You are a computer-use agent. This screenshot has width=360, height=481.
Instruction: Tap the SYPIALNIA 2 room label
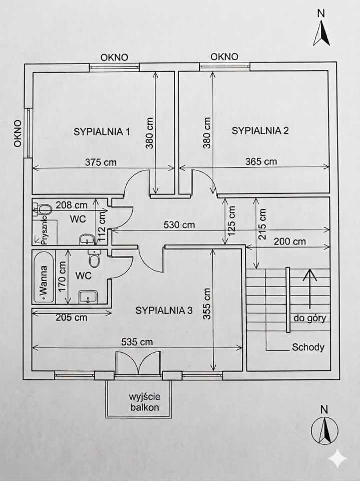[x=260, y=131]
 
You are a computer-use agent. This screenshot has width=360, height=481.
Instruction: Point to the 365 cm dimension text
[x=261, y=161]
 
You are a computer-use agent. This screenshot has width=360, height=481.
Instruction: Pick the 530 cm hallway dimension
[x=179, y=225]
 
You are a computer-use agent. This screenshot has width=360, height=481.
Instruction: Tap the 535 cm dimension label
[x=137, y=342]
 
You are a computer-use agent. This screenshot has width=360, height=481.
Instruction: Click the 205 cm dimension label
[x=71, y=317]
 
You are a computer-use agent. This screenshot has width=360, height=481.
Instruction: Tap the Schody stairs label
[x=309, y=347]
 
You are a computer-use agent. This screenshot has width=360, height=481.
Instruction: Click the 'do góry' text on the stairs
[x=310, y=319]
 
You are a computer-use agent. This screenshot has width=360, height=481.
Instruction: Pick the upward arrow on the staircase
[x=310, y=288]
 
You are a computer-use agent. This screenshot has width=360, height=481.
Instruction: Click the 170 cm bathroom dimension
[x=63, y=275]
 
